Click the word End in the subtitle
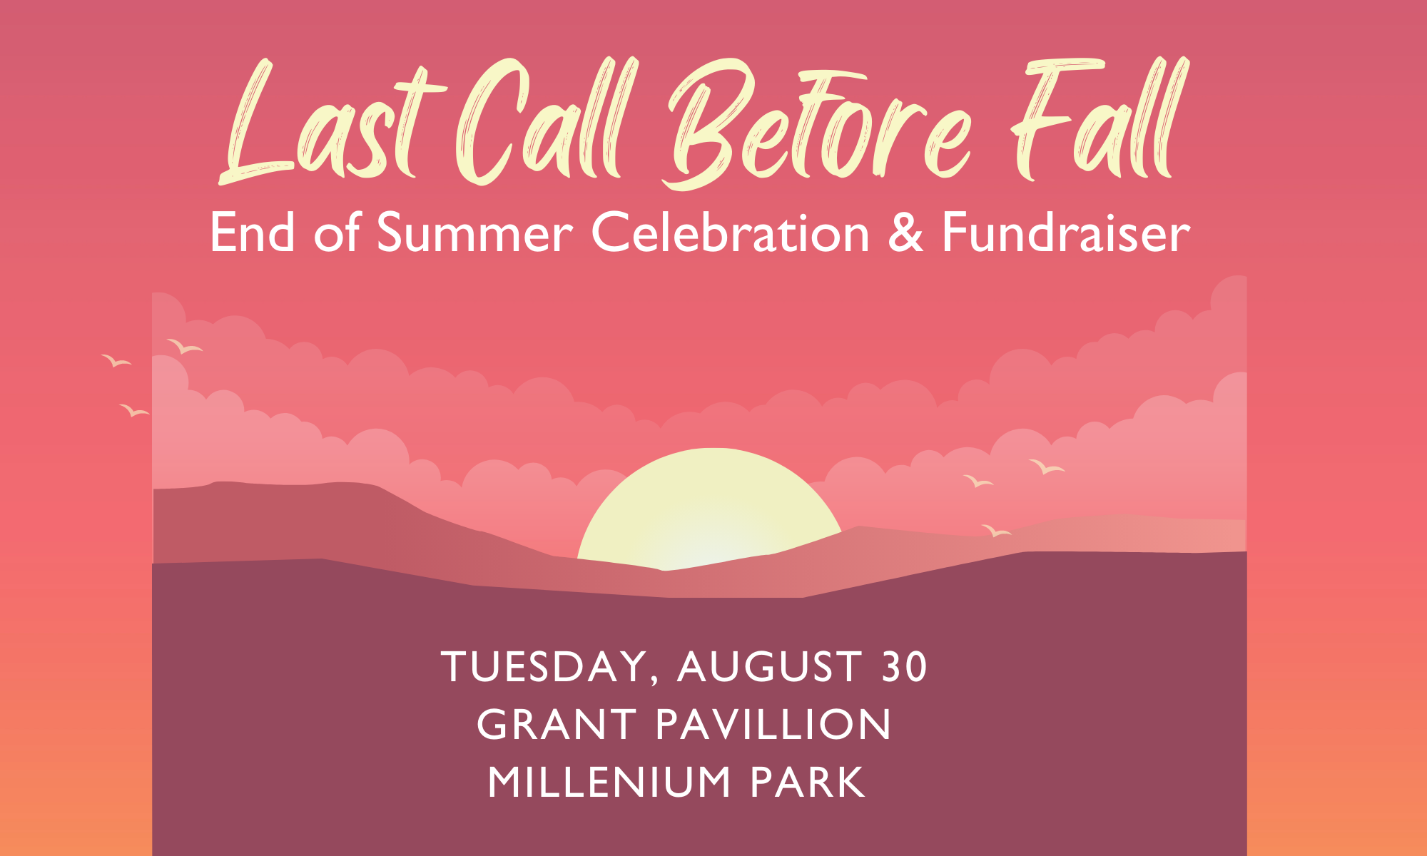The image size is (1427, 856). pyautogui.click(x=252, y=233)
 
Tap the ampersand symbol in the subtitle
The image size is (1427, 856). pyautogui.click(x=905, y=233)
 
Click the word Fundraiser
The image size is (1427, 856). pyautogui.click(x=1066, y=233)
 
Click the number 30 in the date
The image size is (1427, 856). pyautogui.click(x=904, y=667)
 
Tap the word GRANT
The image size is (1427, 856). pyautogui.click(x=557, y=725)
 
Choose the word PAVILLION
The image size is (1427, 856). pyautogui.click(x=773, y=725)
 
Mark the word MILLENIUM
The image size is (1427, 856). pyautogui.click(x=609, y=782)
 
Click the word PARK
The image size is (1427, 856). pyautogui.click(x=808, y=782)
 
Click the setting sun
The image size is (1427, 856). pyautogui.click(x=711, y=506)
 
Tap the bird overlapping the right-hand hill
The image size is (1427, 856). pyautogui.click(x=997, y=531)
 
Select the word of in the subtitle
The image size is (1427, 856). pyautogui.click(x=337, y=233)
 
